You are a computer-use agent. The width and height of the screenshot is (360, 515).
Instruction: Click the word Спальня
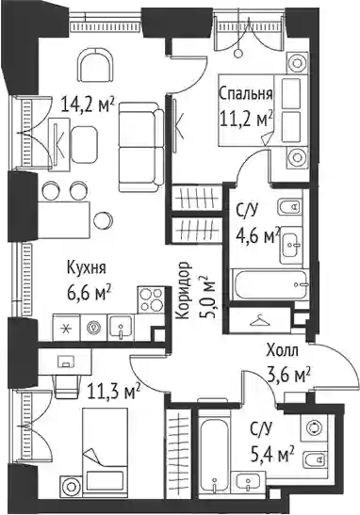click(x=246, y=93)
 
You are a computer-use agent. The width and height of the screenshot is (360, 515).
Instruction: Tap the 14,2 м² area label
click(x=88, y=105)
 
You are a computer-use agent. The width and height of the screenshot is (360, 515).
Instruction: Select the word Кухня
click(x=87, y=267)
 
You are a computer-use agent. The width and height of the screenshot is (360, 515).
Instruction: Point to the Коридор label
click(x=184, y=290)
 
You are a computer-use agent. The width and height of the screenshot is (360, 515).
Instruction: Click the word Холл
click(x=283, y=350)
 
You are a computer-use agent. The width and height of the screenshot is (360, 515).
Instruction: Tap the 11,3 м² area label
click(x=113, y=391)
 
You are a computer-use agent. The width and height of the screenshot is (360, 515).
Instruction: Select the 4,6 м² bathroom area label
click(x=258, y=233)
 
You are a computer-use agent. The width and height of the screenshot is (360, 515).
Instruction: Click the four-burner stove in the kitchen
click(x=151, y=299)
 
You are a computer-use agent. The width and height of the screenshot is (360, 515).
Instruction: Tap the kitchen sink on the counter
click(x=121, y=327)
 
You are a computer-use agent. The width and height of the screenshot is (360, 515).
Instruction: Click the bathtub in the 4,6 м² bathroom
click(x=270, y=284)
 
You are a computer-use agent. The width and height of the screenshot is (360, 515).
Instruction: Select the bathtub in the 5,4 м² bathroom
click(x=213, y=456)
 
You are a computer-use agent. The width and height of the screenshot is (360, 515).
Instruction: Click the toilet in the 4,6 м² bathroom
click(x=291, y=206)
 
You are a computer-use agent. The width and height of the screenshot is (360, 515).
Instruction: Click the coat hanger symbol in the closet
click(x=260, y=320)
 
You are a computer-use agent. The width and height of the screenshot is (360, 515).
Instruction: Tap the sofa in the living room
click(x=141, y=147)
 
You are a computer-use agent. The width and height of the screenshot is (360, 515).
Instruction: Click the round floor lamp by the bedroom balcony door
click(x=238, y=53)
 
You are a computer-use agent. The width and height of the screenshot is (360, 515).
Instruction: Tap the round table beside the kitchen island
click(x=103, y=220)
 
